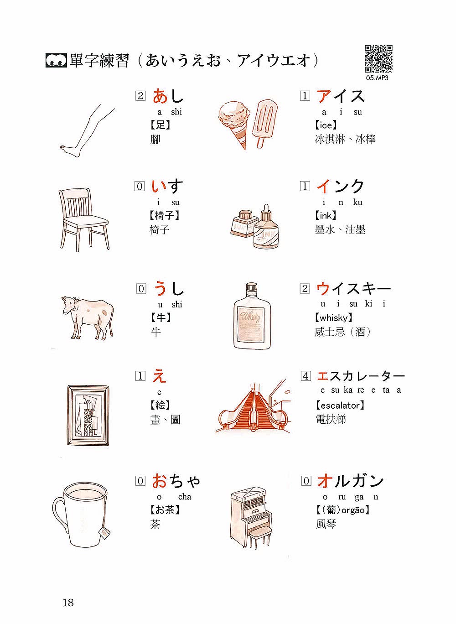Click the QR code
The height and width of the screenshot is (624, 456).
point(378,59)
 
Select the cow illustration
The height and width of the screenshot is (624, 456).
point(88,317)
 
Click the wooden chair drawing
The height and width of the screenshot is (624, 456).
point(84,220)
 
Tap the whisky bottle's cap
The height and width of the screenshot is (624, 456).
point(252,287)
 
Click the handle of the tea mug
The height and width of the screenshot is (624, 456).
point(57,516)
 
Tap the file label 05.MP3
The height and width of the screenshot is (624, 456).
point(377,78)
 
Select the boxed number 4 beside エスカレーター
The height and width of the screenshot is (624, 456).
point(306,376)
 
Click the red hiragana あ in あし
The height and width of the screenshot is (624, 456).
point(160,96)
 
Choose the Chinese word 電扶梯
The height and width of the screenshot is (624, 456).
point(331,419)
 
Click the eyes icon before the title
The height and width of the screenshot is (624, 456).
point(56,60)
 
